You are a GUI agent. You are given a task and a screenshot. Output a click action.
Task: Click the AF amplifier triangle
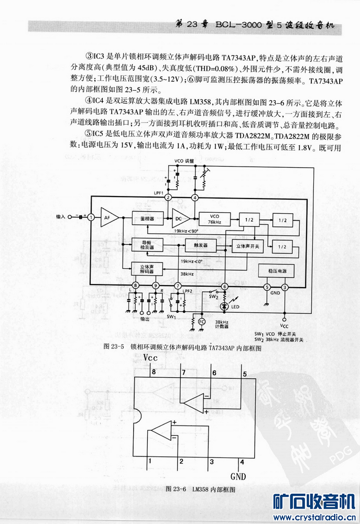(x=107, y=217)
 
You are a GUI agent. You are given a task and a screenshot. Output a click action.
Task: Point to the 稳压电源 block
(x=276, y=270)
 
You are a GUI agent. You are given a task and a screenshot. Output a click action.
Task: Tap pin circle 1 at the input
(x=91, y=216)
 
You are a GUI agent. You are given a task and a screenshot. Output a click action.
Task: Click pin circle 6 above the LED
(x=224, y=286)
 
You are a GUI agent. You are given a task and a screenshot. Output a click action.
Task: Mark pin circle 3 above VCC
(x=285, y=287)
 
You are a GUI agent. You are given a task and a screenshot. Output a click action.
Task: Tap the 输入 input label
(x=61, y=216)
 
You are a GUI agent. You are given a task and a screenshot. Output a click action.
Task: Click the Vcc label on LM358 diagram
(x=150, y=357)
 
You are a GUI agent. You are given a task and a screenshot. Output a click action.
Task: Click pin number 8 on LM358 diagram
(x=154, y=373)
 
